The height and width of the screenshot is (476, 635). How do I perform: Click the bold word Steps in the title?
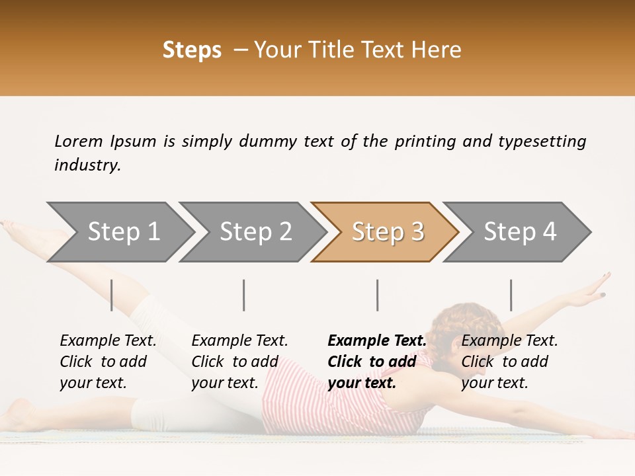coord(192,50)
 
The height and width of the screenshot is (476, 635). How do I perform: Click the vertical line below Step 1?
coord(112,295)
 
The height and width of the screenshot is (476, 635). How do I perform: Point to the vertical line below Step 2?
coord(244,295)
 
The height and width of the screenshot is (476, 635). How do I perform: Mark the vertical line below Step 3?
coord(377,295)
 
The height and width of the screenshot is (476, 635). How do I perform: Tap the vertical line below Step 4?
coord(511,295)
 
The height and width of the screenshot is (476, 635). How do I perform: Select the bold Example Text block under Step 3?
coord(377,362)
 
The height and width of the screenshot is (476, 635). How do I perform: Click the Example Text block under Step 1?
coord(108,362)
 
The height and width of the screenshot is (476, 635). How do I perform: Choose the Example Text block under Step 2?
coord(239,362)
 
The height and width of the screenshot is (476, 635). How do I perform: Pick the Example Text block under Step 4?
coord(509,362)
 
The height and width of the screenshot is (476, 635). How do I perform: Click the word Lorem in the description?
coord(79,141)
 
